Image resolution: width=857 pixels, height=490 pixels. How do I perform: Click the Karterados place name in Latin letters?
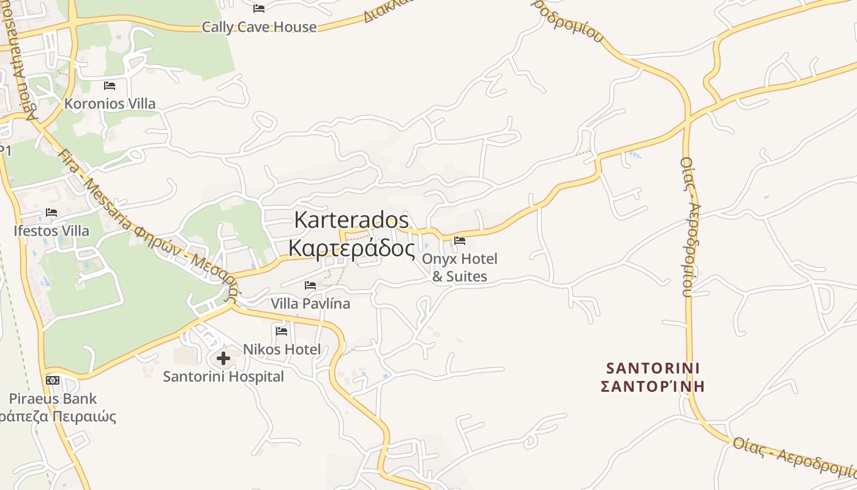pyautogui.click(x=351, y=219)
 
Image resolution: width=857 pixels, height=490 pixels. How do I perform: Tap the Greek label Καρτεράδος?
pyautogui.click(x=351, y=248)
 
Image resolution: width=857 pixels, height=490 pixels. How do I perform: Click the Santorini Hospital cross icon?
pyautogui.click(x=223, y=358)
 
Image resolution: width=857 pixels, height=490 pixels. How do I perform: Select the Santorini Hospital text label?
pyautogui.click(x=223, y=376)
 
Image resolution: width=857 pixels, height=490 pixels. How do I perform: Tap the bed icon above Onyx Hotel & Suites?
pyautogui.click(x=460, y=240)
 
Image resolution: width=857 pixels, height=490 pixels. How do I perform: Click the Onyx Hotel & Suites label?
pyautogui.click(x=460, y=267)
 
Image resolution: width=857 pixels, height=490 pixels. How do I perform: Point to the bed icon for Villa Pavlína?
pyautogui.click(x=310, y=285)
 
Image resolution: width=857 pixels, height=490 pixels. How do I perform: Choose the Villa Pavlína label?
pyautogui.click(x=310, y=303)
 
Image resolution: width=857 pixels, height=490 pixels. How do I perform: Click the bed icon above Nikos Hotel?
pyautogui.click(x=282, y=331)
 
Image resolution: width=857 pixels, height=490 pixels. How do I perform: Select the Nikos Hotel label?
pyautogui.click(x=282, y=349)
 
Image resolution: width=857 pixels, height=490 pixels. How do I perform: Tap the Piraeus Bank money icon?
pyautogui.click(x=53, y=380)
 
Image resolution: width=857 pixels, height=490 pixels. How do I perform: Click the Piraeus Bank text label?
pyautogui.click(x=53, y=399)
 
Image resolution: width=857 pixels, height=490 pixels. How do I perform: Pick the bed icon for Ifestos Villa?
pyautogui.click(x=51, y=213)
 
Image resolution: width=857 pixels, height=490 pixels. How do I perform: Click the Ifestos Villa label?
pyautogui.click(x=51, y=231)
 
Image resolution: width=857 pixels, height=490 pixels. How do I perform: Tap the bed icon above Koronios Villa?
pyautogui.click(x=110, y=85)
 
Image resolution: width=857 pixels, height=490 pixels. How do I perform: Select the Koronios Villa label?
pyautogui.click(x=110, y=104)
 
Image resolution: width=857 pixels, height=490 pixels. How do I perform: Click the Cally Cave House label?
pyautogui.click(x=260, y=27)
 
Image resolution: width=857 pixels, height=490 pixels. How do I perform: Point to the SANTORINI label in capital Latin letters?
pyautogui.click(x=653, y=368)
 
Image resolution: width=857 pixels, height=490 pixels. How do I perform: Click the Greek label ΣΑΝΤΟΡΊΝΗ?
pyautogui.click(x=653, y=386)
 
